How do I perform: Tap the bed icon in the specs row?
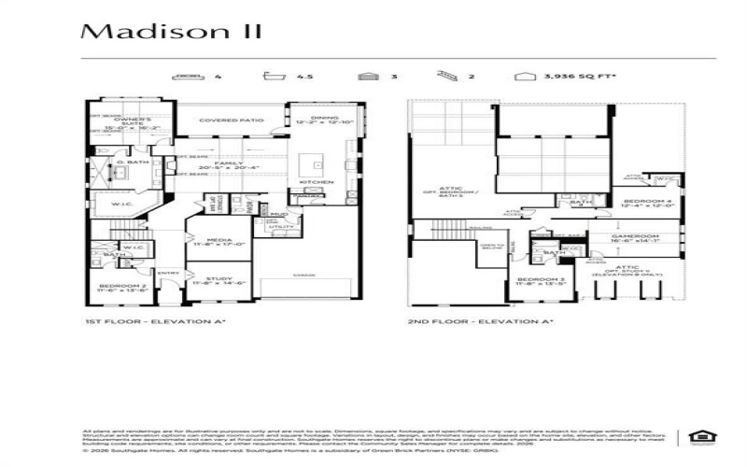tap(188, 78)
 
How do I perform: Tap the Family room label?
tap(222, 165)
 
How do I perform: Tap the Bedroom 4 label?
tap(646, 203)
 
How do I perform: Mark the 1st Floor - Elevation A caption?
tap(155, 320)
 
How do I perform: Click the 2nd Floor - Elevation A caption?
tap(480, 320)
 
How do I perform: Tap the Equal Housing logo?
tap(698, 436)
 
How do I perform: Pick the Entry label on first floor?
tap(169, 273)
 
